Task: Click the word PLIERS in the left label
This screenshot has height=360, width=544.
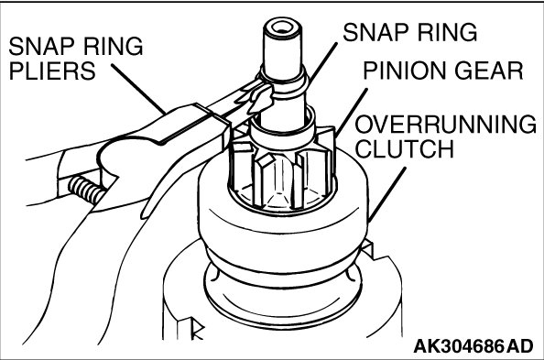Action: coord(52,71)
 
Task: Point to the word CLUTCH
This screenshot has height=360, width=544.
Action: coord(405,148)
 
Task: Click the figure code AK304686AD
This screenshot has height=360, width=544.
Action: coord(473,346)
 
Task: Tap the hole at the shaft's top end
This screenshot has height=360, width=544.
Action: coord(281,28)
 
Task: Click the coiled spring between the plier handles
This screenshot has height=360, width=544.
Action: coord(85,191)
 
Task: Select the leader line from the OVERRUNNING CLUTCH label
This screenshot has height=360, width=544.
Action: coord(386,195)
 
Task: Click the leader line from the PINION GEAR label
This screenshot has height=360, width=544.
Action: coord(351,113)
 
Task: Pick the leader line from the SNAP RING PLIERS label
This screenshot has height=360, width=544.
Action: coord(138,89)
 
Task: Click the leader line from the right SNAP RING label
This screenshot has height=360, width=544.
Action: coord(322,64)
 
